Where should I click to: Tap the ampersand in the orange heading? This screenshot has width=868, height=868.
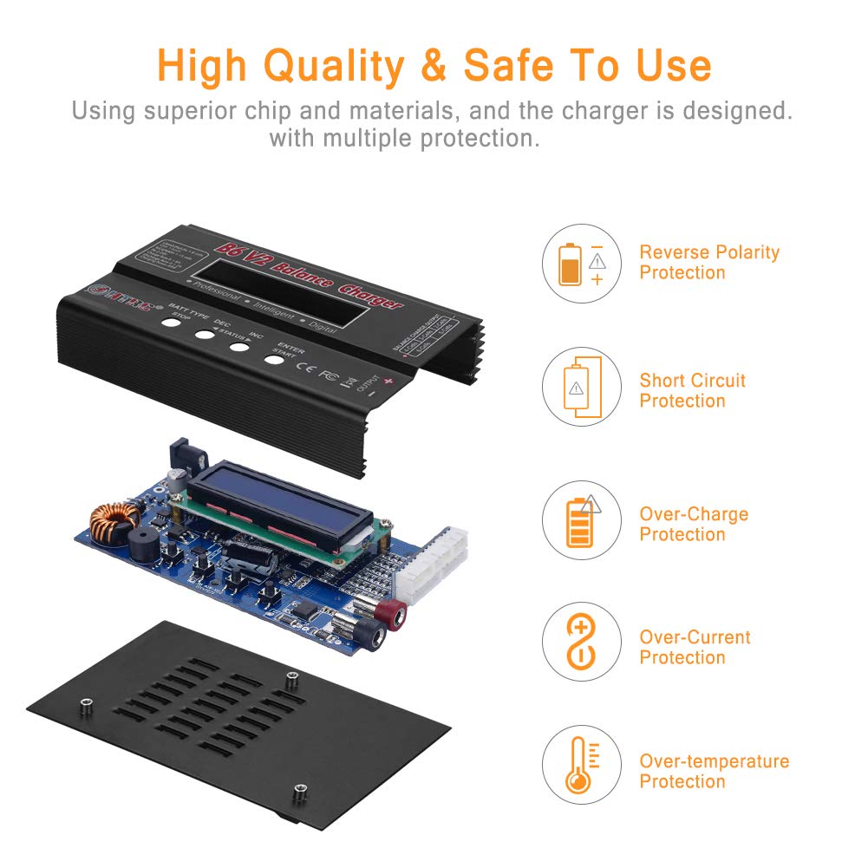(x=433, y=66)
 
